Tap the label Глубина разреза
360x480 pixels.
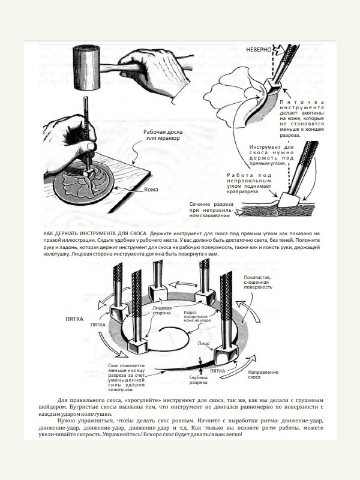point(199,379)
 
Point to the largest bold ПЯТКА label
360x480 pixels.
point(74,319)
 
